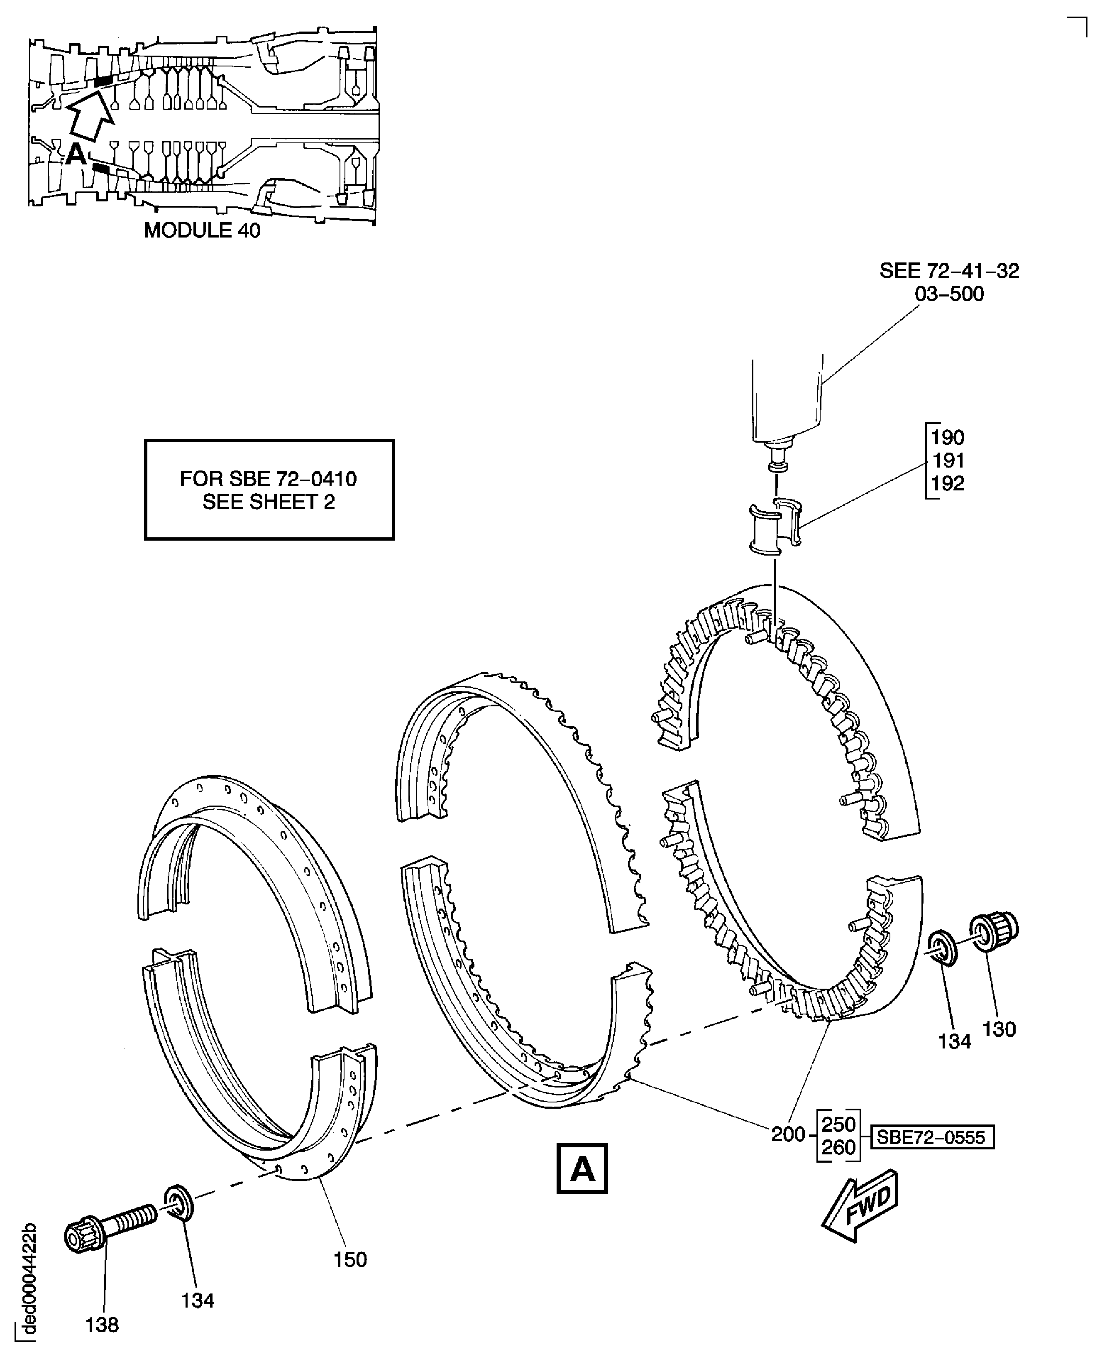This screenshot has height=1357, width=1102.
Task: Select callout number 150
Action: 350,1259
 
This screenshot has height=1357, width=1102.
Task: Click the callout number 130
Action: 999,1029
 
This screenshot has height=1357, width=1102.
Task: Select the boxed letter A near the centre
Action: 582,1168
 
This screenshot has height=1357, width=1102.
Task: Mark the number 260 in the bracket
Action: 838,1147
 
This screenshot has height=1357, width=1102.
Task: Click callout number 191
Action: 947,460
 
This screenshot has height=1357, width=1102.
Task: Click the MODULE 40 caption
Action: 202,230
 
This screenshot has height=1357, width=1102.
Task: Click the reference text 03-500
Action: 949,294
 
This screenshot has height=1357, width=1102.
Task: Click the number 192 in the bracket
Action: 947,483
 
